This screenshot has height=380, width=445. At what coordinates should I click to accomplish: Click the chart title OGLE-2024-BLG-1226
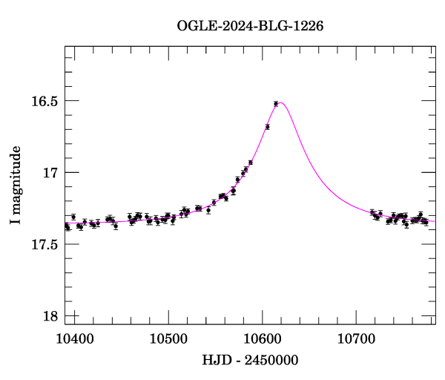pos(250,26)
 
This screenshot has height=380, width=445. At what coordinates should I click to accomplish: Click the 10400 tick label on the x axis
pos(75,339)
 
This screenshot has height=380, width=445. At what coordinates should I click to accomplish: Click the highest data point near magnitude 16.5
pos(276,104)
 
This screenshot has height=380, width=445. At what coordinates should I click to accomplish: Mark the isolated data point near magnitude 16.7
pos(267,127)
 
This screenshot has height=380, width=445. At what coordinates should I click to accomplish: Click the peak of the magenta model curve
pos(281,102)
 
